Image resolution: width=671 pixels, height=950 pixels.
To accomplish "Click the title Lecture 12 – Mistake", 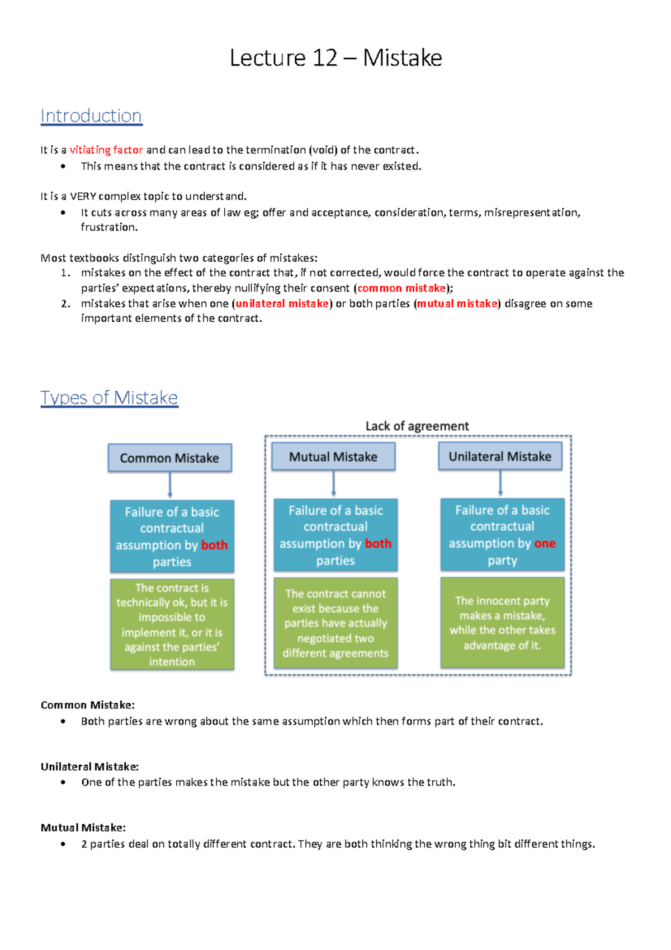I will [x=335, y=58].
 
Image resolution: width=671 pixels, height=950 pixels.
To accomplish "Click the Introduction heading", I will [x=91, y=116].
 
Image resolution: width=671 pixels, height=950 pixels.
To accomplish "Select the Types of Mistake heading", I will [x=109, y=397].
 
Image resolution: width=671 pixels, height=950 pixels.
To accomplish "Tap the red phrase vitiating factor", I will [x=106, y=150].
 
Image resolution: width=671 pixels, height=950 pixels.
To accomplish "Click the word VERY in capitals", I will [x=83, y=196].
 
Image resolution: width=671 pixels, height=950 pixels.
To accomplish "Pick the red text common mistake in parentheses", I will [x=401, y=288].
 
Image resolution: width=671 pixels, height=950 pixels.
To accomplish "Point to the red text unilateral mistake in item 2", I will [x=282, y=303].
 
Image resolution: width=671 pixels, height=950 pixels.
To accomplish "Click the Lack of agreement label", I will [x=417, y=426].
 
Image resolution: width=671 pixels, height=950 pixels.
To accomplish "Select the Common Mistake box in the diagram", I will [x=169, y=458].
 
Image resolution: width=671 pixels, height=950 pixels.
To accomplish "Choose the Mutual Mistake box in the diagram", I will [x=333, y=457].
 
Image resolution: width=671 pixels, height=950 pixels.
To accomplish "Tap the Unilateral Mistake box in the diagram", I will [x=500, y=457].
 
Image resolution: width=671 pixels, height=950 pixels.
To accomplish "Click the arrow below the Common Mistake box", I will [x=170, y=485].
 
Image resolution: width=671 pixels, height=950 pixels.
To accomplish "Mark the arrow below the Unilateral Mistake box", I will [x=500, y=483].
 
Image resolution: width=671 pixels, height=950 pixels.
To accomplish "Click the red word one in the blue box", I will [x=545, y=543].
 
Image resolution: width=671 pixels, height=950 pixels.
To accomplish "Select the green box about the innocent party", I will [x=502, y=623].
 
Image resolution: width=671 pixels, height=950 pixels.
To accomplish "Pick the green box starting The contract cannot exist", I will [x=335, y=623].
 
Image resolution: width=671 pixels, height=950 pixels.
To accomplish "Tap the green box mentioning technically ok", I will [x=172, y=624].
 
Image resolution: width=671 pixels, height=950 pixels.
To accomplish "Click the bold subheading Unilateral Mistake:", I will [x=89, y=766].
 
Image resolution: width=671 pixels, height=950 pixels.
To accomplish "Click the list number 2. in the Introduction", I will [x=66, y=303].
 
